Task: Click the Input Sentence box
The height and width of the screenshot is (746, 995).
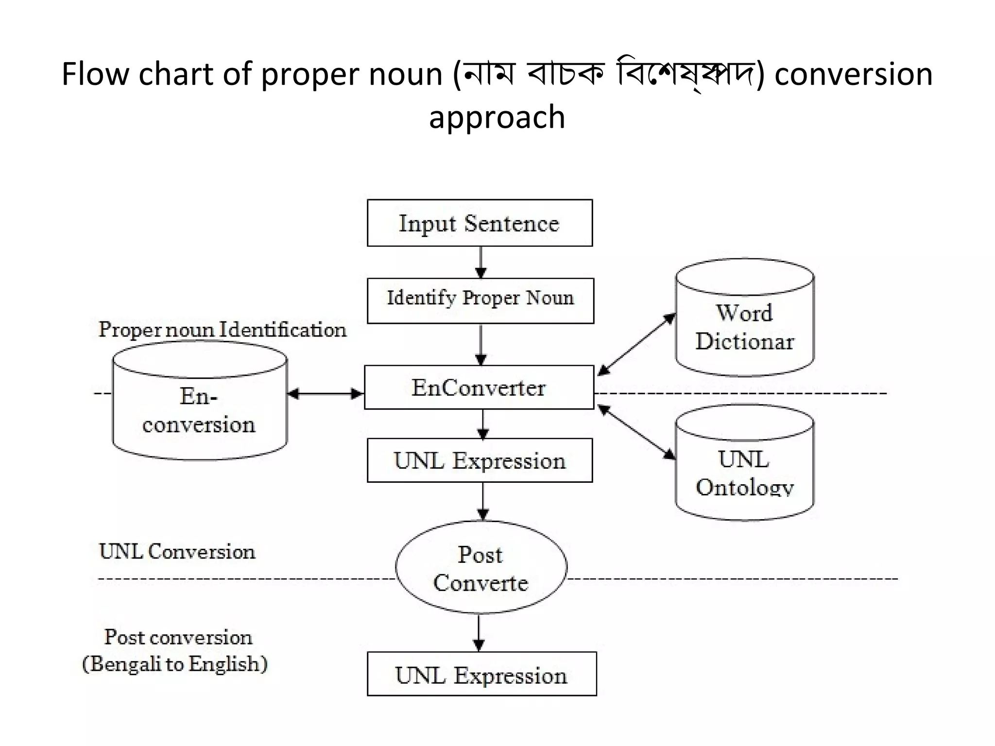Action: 480,223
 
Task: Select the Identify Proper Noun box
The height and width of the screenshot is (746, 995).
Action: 480,301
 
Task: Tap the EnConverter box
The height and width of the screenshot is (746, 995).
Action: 479,388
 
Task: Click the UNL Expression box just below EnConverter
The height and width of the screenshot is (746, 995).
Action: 480,460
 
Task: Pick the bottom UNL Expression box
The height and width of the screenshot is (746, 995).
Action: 481,674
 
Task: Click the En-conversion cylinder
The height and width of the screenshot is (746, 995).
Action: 200,403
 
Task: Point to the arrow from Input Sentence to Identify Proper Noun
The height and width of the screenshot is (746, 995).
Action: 481,262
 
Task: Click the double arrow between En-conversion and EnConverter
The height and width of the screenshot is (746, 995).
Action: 326,393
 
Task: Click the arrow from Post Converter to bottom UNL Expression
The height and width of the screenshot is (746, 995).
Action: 479,633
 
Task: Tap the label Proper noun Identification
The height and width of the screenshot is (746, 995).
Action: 223,330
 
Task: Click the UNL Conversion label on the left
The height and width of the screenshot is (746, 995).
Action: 177,552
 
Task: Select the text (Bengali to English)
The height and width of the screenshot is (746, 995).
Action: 175,664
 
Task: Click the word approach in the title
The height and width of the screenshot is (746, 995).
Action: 497,118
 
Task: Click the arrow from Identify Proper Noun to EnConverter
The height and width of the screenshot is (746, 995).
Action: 481,344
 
